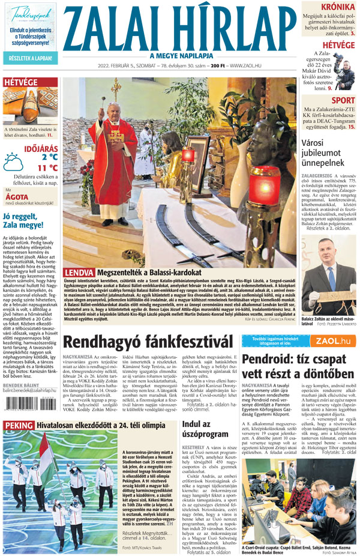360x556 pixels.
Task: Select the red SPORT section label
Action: pyautogui.click(x=343, y=100)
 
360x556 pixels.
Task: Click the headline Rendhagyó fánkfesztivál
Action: pyautogui.click(x=148, y=342)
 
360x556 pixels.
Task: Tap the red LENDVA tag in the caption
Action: pyautogui.click(x=79, y=273)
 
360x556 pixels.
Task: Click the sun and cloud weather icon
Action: pyautogui.click(x=13, y=162)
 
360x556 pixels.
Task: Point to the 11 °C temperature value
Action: pyautogui.click(x=47, y=168)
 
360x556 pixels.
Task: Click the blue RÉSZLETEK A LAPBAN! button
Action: pyautogui.click(x=29, y=58)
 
